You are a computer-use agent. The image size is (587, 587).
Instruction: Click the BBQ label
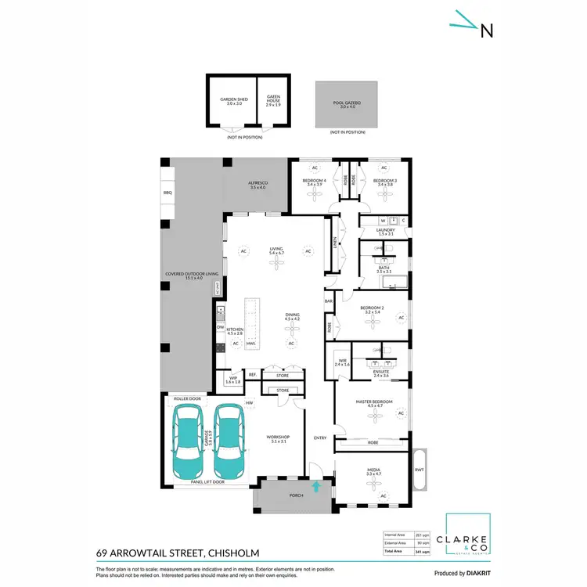tap(167, 192)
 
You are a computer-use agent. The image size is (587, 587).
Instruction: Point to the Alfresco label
tap(257, 185)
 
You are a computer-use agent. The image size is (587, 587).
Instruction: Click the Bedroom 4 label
tap(315, 183)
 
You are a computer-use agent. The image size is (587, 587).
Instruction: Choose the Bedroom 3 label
tap(384, 183)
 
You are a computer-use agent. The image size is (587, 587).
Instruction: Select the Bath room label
tap(383, 269)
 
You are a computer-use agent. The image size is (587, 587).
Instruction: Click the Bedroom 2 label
tap(370, 310)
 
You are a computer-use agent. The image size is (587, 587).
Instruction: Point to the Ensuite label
tap(380, 373)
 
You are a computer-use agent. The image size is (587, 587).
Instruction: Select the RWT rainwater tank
tap(420, 470)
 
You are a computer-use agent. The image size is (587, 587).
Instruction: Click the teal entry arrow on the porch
tap(316, 487)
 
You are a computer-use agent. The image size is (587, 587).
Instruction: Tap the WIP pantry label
tap(232, 380)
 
